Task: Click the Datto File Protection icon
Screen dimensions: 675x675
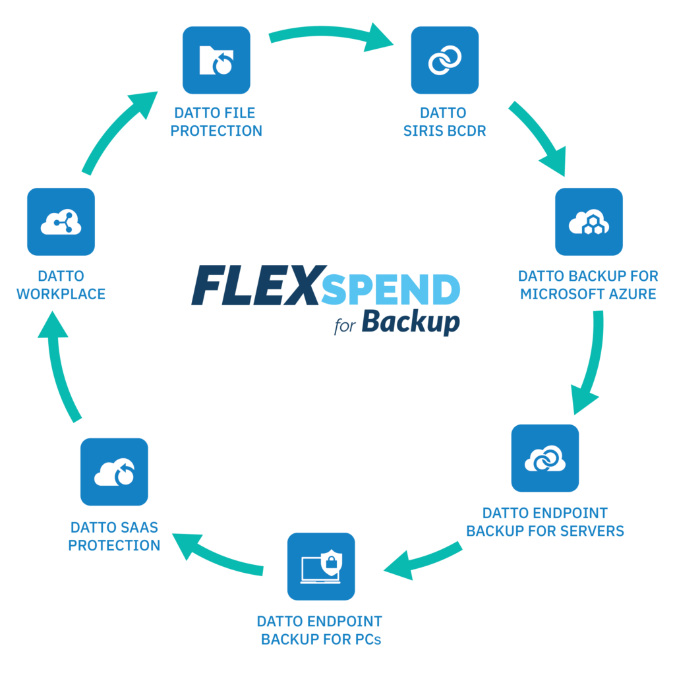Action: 216,60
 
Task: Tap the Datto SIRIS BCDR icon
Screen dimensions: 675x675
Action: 445,60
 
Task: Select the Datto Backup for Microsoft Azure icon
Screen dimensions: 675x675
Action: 588,221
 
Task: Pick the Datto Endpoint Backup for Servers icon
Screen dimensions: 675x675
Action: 545,458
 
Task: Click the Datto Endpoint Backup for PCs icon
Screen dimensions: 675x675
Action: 321,566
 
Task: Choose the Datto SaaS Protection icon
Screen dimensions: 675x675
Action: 114,472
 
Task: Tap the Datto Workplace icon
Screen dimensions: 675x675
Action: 61,221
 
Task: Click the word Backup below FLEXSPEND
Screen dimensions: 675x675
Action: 410,322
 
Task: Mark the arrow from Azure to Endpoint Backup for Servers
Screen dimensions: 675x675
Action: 590,363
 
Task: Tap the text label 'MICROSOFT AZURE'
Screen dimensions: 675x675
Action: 588,294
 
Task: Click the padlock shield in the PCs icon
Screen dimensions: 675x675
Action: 332,562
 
